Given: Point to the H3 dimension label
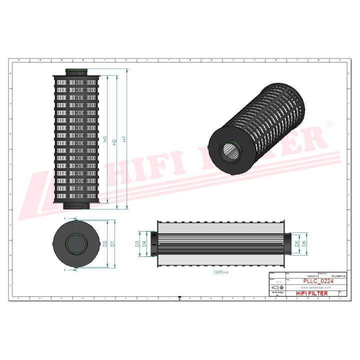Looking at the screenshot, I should click(x=105, y=139).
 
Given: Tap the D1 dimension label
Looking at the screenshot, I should click(x=113, y=244).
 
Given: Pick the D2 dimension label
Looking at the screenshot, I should click(x=105, y=244).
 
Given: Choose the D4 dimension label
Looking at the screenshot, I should click(x=144, y=244).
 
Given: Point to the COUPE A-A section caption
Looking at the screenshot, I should click(x=220, y=273).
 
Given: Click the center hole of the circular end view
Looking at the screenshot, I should click(x=75, y=244).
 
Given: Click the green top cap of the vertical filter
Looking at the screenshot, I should click(x=77, y=71).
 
